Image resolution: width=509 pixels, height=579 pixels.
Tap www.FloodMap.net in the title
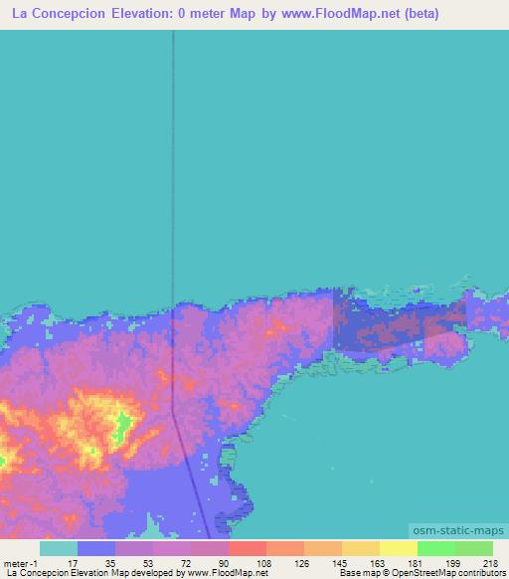334,14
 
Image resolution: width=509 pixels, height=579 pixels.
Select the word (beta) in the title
417,14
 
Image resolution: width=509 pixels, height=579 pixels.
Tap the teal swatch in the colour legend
59,548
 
